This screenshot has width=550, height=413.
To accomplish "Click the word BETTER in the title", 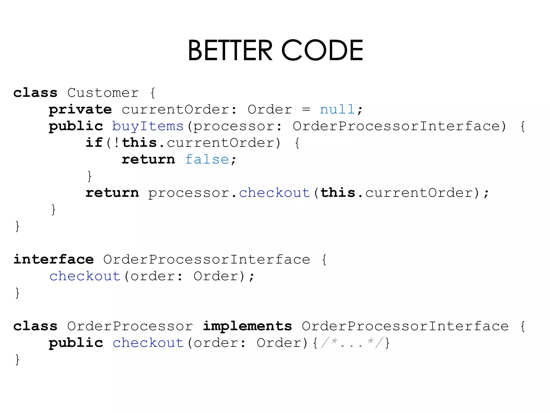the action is (x=230, y=50).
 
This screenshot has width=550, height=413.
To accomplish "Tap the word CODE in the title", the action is (x=322, y=50).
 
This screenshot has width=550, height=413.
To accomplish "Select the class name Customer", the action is (x=103, y=93).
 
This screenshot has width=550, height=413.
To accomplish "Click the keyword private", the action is (x=80, y=110).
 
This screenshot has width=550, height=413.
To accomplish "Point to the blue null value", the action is (x=338, y=109).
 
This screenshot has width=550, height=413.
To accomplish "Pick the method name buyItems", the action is (x=148, y=126).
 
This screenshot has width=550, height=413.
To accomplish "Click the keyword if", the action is (x=94, y=143).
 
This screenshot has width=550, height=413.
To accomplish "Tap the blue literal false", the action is (x=207, y=159).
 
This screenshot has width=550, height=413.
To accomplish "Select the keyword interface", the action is (x=54, y=259).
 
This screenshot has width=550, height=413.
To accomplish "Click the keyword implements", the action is (x=247, y=326).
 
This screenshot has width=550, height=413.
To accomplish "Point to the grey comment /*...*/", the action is (x=351, y=343).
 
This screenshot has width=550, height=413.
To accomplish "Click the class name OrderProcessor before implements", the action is (x=130, y=326).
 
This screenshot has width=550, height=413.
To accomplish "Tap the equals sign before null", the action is (x=306, y=109).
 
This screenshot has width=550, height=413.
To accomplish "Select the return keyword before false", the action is (x=148, y=159).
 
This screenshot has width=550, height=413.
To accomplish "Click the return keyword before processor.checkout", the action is (x=112, y=193).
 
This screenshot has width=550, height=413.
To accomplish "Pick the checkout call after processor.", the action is (x=274, y=193).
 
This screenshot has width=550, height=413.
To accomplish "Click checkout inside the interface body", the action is (x=85, y=276).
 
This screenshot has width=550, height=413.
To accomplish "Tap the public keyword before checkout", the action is (x=76, y=343).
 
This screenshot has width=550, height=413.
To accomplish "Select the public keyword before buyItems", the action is (x=76, y=126).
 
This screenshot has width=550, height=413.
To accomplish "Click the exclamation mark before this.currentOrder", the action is (x=117, y=143).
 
